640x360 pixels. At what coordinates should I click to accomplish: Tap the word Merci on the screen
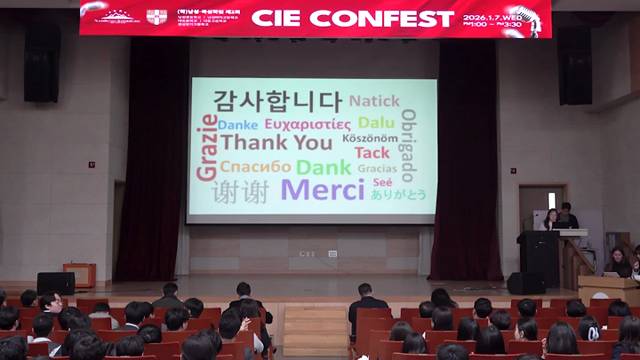[322, 190]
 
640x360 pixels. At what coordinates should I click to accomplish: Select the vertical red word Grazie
[208, 147]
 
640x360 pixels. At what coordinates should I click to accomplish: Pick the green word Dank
[324, 167]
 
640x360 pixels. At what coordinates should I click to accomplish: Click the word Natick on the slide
[374, 101]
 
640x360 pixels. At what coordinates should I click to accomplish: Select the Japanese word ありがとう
[398, 194]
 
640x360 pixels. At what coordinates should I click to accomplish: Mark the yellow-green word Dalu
[376, 123]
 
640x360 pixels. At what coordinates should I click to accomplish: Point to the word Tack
[372, 153]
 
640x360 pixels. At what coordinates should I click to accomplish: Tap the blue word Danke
[237, 125]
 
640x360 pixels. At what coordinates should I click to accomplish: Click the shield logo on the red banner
[157, 16]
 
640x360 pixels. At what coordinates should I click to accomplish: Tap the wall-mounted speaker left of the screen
[42, 61]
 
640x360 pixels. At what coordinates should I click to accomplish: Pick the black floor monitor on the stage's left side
[56, 283]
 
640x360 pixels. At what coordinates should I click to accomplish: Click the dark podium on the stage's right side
[539, 258]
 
